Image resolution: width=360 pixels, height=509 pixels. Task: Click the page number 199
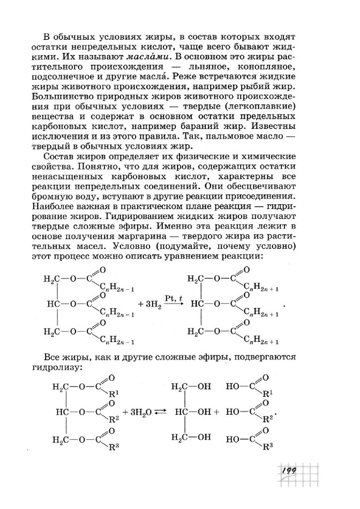click(288, 470)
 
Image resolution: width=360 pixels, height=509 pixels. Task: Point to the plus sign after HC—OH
click(217, 412)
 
